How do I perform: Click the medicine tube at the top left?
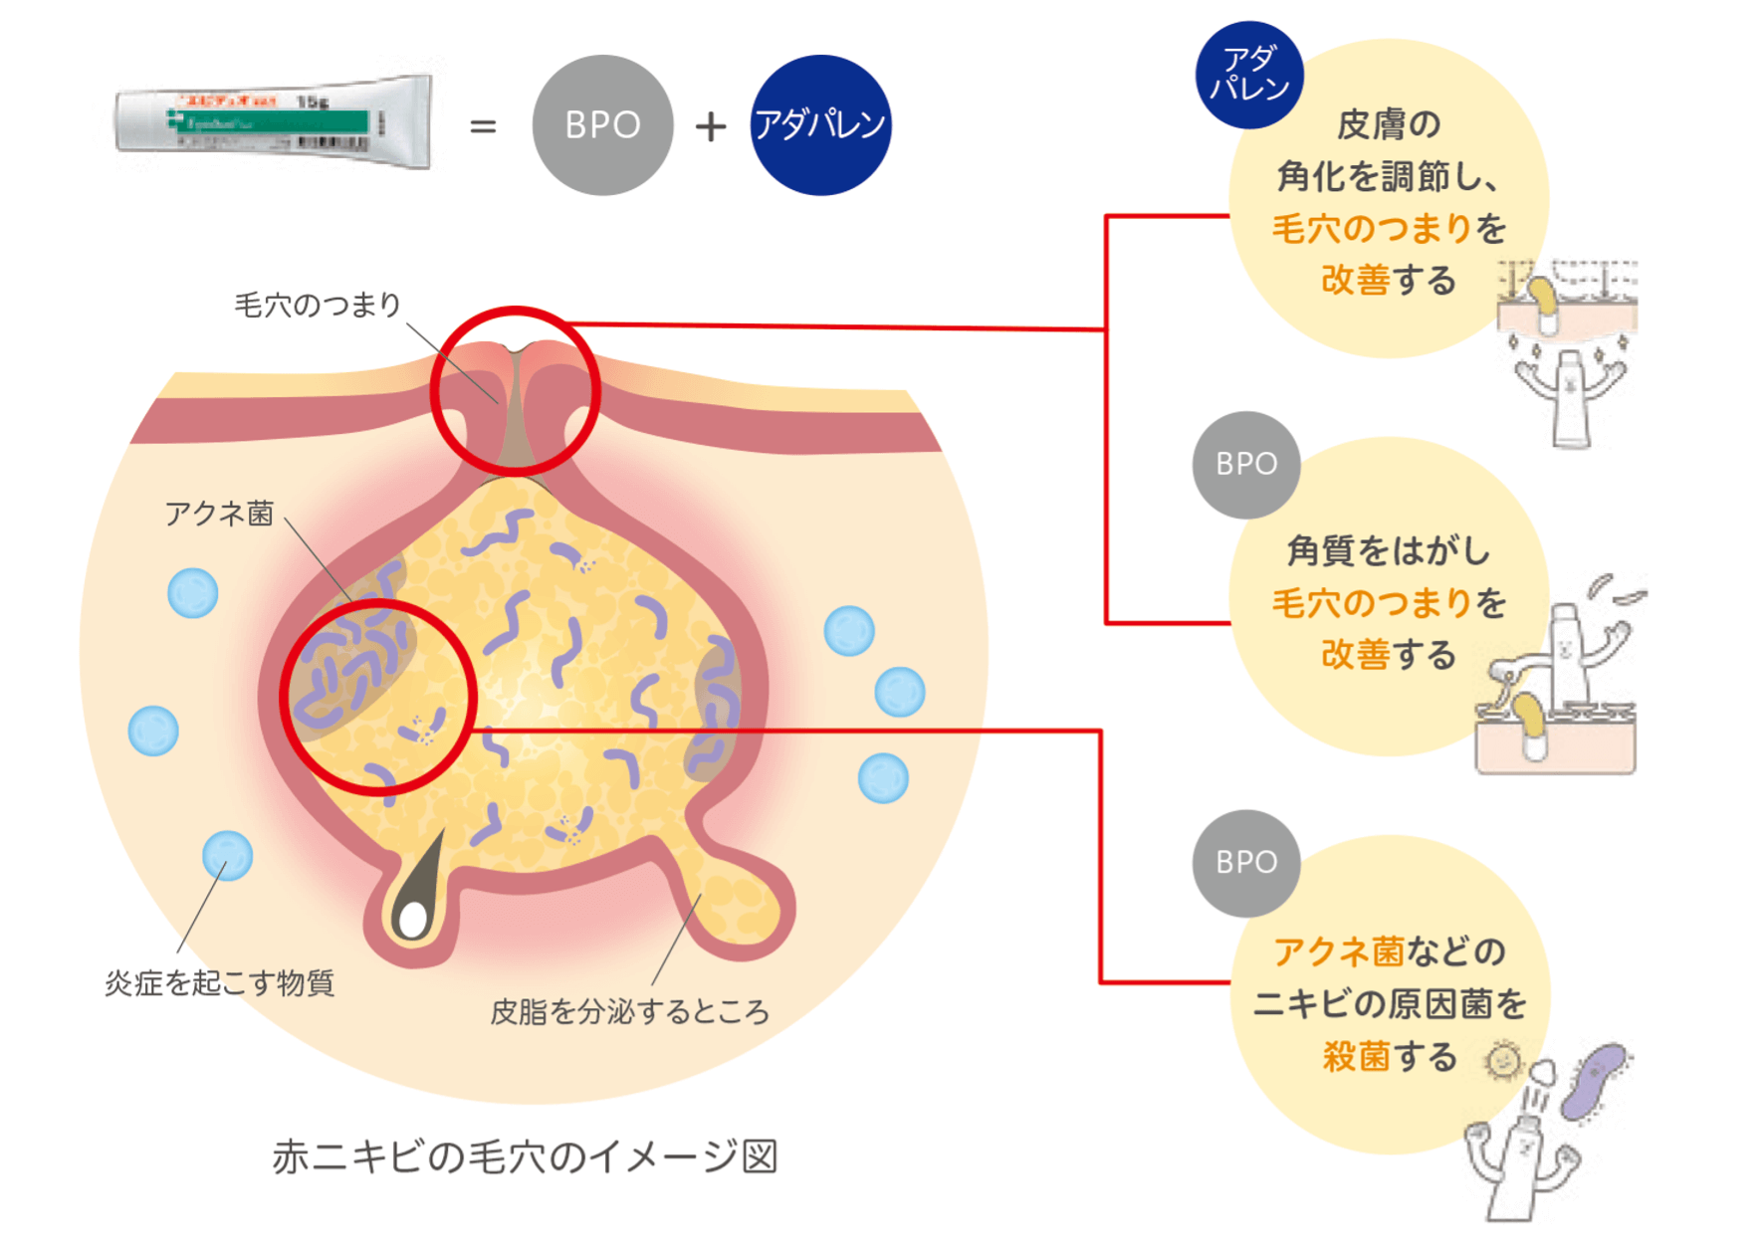pos(274,123)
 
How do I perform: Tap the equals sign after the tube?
pos(483,126)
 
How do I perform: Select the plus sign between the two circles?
pos(710,126)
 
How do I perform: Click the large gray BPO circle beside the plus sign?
pos(602,125)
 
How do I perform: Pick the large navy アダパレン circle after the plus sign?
pos(820,125)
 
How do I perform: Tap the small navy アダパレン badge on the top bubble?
pos(1249,75)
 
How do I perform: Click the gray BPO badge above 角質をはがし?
pos(1246,465)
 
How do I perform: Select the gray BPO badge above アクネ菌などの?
pos(1246,863)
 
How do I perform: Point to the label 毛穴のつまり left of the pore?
pos(318,305)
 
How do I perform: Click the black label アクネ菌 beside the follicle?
pos(219,514)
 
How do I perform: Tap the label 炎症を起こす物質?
pos(220,983)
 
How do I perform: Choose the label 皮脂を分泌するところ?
pos(629,1012)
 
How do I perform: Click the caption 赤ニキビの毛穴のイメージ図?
pos(525,1156)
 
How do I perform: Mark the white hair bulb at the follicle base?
pos(412,919)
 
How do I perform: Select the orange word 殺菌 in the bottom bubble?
pos(1356,1056)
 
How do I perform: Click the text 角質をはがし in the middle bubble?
pos(1389,550)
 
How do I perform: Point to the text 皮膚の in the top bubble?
pos(1389,124)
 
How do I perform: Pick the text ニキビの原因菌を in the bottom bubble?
pos(1389,1004)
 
